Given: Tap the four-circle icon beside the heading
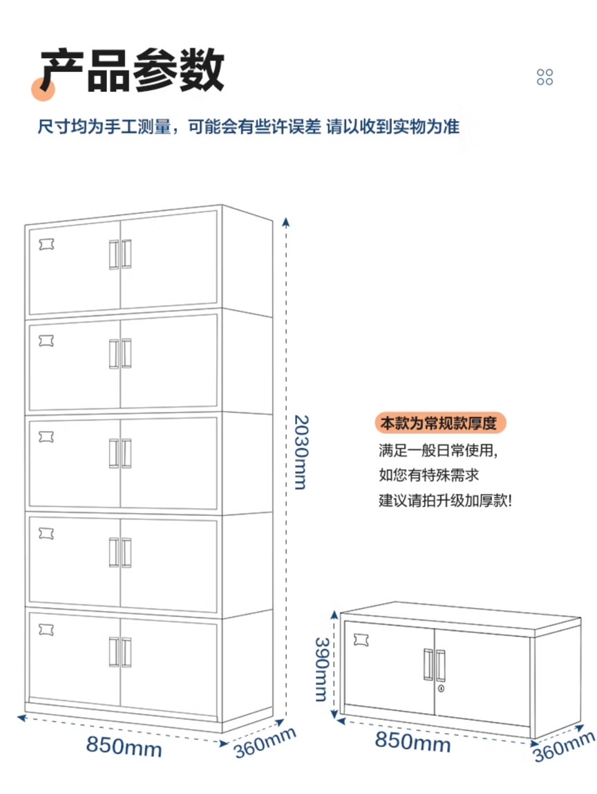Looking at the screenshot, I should click(544, 77).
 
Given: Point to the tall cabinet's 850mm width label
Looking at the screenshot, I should click(124, 746).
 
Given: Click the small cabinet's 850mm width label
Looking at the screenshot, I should click(413, 742).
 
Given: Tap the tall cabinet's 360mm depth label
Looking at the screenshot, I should click(265, 744).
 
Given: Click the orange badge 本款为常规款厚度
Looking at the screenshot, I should click(441, 423).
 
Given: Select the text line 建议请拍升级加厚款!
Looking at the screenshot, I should click(445, 500).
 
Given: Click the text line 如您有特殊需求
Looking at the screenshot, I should click(428, 476).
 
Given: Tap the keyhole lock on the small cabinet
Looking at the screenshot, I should click(440, 690).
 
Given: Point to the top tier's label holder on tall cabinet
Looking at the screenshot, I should click(47, 244).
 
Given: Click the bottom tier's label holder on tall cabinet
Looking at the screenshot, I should click(47, 627).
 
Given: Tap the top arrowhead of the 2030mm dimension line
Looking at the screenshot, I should click(287, 221).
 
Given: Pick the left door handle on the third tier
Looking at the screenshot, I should click(113, 454).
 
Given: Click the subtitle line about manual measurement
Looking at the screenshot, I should click(249, 127).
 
